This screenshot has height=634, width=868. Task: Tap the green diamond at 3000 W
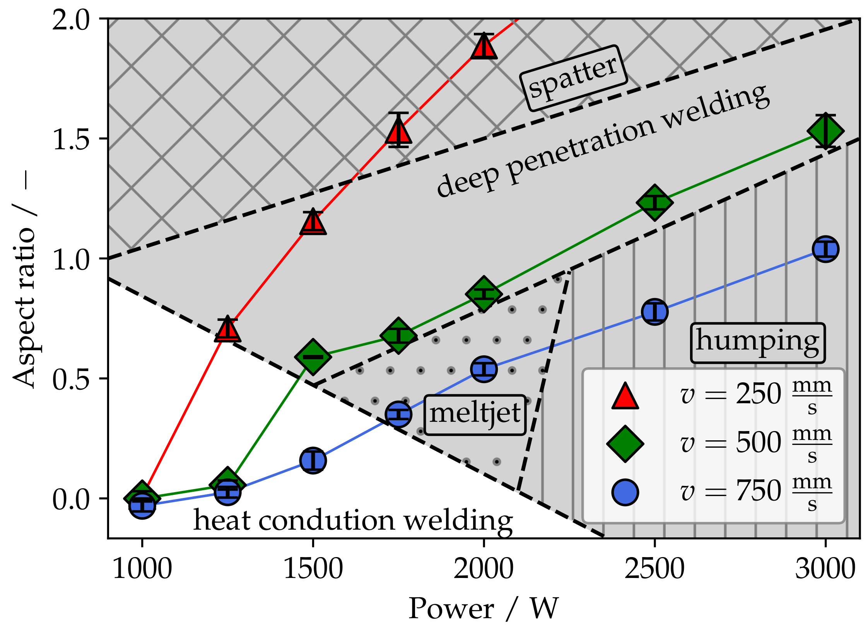click(x=825, y=131)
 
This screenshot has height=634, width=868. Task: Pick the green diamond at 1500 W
click(x=313, y=357)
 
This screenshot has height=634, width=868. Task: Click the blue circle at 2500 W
click(x=654, y=312)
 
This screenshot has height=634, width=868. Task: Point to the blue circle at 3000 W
click(x=825, y=249)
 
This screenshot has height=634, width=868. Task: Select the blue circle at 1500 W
click(x=313, y=460)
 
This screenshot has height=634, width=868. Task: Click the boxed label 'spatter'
click(x=574, y=78)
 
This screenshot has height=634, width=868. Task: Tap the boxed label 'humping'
click(x=758, y=343)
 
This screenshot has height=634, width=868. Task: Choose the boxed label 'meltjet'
click(x=475, y=415)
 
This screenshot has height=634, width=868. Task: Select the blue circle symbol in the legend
click(x=625, y=492)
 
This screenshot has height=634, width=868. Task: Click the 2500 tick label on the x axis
click(x=654, y=569)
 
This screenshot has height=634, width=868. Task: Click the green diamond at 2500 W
click(x=654, y=203)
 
